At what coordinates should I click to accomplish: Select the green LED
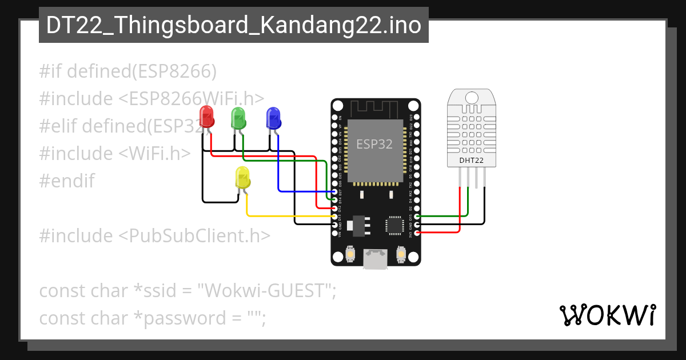[238, 118]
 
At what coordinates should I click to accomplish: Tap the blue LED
[274, 118]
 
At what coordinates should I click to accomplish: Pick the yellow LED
[243, 178]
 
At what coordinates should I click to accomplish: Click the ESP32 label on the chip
[374, 144]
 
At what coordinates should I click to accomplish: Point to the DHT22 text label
[472, 161]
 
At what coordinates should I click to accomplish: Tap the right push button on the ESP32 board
[401, 253]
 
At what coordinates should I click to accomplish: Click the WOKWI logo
[607, 315]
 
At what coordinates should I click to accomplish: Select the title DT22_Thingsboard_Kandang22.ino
[233, 25]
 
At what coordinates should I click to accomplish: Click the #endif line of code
[66, 181]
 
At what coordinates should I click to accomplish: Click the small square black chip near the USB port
[395, 225]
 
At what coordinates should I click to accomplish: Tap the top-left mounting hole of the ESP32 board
[338, 106]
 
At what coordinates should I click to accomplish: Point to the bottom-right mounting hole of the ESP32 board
[414, 259]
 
